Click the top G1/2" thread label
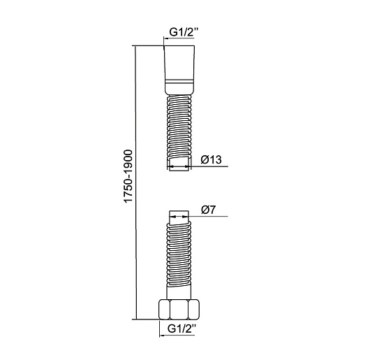[x=182, y=32]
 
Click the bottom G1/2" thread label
[x=182, y=329]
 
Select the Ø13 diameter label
[x=212, y=160]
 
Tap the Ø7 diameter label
[x=208, y=210]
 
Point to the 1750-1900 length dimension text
[x=128, y=176]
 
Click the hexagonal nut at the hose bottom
[x=179, y=310]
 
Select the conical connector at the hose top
[x=179, y=70]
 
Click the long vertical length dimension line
[x=136, y=182]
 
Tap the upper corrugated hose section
[x=179, y=126]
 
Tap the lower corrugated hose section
[x=179, y=254]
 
